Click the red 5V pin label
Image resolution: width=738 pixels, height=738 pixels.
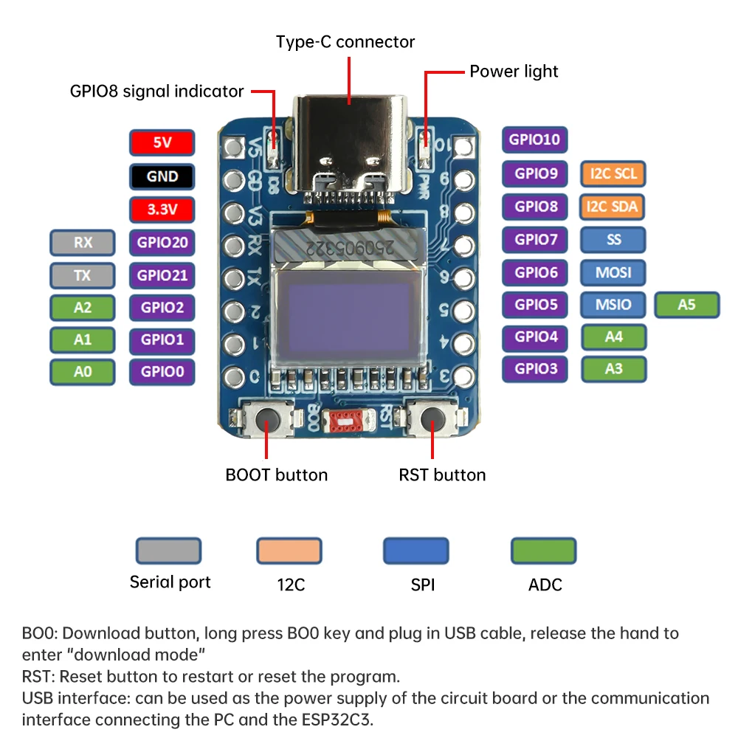tap(162, 142)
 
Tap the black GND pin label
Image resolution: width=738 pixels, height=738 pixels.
tap(162, 176)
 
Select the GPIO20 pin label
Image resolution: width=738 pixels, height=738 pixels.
tap(162, 243)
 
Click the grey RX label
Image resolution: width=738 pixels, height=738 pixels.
tap(83, 243)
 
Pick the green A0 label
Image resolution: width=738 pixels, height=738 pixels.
tap(83, 372)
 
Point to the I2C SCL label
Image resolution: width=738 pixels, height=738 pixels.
tap(613, 174)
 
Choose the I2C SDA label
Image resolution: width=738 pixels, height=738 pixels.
tap(613, 207)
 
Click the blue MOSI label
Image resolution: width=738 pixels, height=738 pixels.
tap(613, 272)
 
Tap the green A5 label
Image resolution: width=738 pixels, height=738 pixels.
tap(687, 304)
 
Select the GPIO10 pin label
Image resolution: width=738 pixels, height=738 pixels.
tap(536, 139)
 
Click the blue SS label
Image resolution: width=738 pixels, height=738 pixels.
tap(613, 239)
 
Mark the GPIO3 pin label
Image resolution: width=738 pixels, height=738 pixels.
tap(536, 368)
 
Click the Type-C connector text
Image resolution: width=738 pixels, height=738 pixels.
tap(345, 42)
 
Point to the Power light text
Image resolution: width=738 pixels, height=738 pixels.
tap(514, 72)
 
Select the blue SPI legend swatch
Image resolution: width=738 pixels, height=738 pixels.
tap(416, 551)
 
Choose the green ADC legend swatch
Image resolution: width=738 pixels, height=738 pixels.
tap(544, 551)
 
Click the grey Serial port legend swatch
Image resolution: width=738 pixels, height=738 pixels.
tap(168, 551)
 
